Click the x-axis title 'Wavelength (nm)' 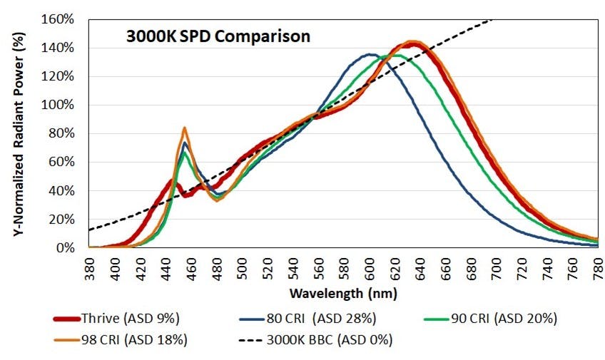pos(343,293)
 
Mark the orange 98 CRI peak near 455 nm pos(185,129)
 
